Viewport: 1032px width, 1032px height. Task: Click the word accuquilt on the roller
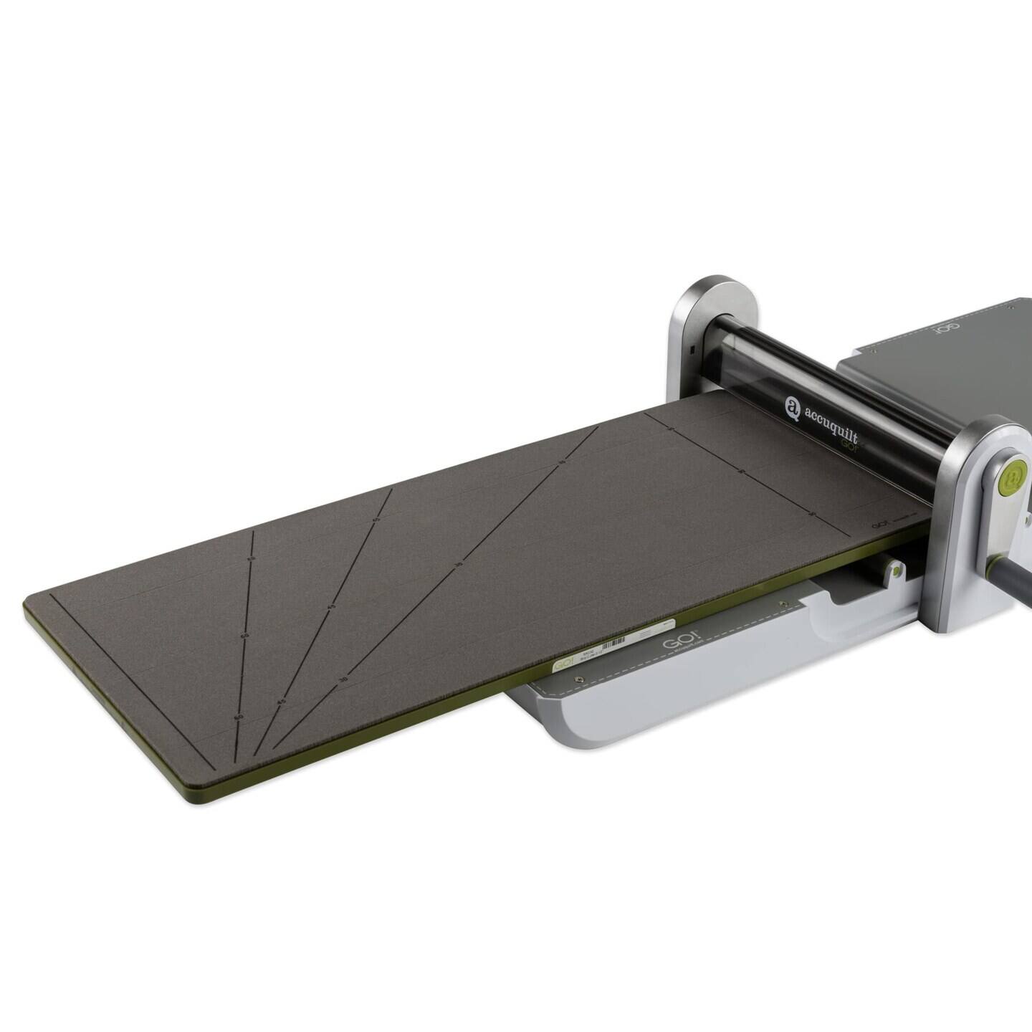click(x=831, y=423)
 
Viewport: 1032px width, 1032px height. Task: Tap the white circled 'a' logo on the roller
click(x=792, y=406)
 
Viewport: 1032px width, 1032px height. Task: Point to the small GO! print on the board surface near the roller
click(x=880, y=524)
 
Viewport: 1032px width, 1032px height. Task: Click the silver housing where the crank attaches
click(x=989, y=516)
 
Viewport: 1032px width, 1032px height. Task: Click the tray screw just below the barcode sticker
click(x=580, y=679)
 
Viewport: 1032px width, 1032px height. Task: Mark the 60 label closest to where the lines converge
click(x=239, y=716)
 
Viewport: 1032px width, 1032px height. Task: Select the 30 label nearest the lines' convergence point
click(x=343, y=678)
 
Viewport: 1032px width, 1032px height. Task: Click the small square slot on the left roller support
click(x=693, y=350)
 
